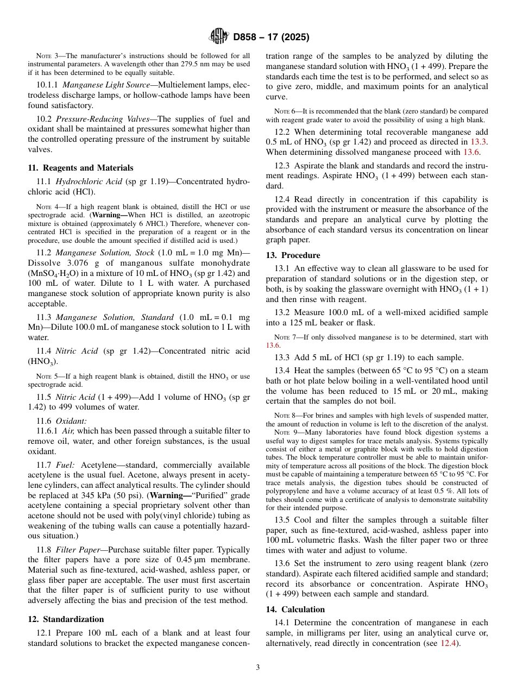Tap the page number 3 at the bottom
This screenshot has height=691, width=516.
point(258,667)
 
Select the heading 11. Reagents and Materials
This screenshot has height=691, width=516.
point(80,168)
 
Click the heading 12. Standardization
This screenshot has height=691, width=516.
point(66,619)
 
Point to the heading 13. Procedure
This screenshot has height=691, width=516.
point(293,255)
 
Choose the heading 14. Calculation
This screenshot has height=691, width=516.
point(295,610)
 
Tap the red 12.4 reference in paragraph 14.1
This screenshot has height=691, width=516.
point(449,643)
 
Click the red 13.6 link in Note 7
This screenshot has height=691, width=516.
point(273,345)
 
